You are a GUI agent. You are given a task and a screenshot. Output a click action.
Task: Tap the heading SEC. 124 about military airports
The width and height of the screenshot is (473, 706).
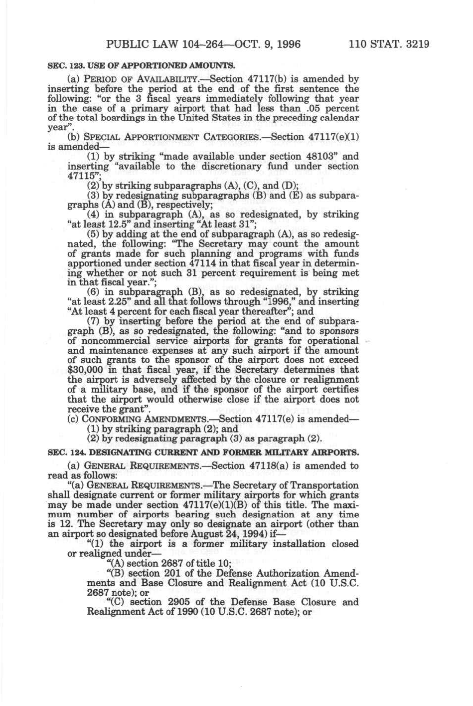coord(202,453)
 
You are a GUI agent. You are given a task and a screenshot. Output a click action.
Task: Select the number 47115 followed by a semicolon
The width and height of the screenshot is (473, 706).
coord(81,176)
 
